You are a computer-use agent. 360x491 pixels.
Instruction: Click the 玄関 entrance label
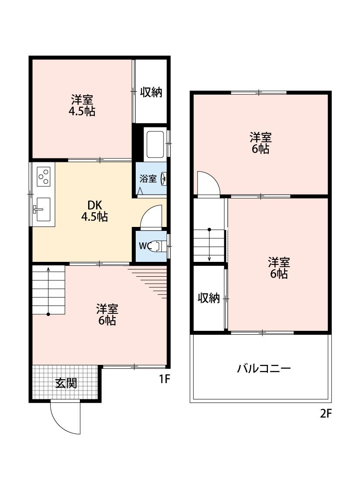pos(66,383)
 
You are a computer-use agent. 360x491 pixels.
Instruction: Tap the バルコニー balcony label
pos(264,368)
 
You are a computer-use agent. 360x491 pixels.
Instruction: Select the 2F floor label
pos(326,413)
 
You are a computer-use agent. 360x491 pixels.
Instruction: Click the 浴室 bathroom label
pos(148,179)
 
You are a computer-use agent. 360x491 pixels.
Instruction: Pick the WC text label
pos(145,246)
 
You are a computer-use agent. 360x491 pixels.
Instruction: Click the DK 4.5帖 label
pos(94,211)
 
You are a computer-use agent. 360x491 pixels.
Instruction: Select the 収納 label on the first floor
pos(151,92)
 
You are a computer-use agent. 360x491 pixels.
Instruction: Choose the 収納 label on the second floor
pos(209,298)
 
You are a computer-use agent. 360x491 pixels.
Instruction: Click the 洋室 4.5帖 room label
pos(82,105)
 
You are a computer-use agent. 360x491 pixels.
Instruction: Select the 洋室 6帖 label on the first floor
pos(107,315)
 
